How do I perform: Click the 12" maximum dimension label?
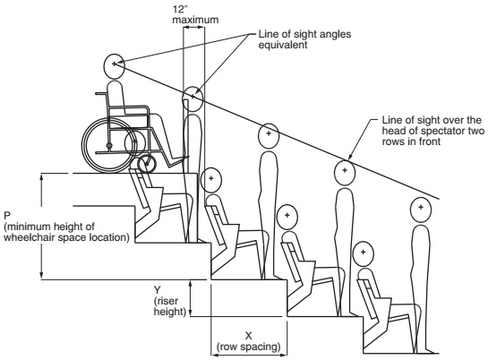(x=195, y=14)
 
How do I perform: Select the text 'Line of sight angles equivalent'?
(x=304, y=39)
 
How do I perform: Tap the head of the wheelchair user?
(x=115, y=65)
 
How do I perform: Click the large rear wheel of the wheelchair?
(x=109, y=145)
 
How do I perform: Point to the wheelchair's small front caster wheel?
(x=147, y=164)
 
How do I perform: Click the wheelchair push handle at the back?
(x=101, y=93)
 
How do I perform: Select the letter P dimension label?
(x=7, y=216)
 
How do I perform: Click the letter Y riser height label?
(x=158, y=290)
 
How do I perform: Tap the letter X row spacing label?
(x=248, y=336)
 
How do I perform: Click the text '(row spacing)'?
(x=249, y=347)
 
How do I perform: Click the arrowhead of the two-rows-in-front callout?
(x=349, y=159)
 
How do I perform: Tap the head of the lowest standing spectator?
(x=421, y=210)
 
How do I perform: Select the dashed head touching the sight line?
(x=345, y=172)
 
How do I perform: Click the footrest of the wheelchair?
(x=178, y=161)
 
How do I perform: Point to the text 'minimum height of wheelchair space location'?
(x=66, y=232)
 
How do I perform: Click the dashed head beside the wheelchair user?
(x=193, y=99)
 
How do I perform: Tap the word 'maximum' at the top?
(x=195, y=20)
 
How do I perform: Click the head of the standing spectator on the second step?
(x=269, y=135)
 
